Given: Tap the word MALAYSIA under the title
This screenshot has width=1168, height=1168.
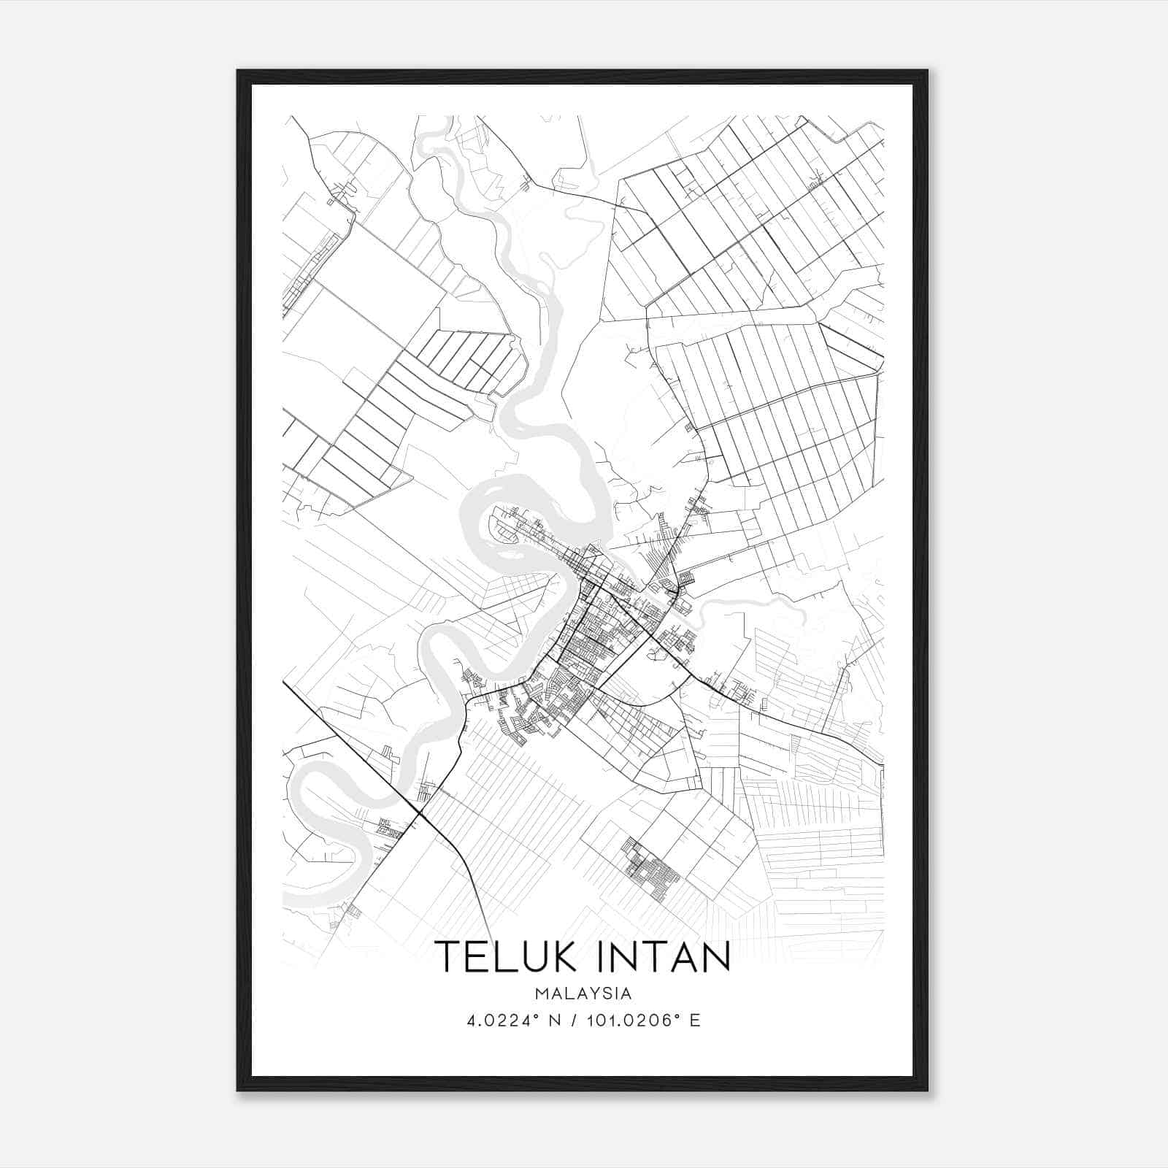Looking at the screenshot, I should point(583,994).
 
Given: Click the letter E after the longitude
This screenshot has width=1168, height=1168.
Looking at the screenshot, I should point(695,1021).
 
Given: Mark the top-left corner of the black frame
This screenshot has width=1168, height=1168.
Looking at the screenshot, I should point(238,71).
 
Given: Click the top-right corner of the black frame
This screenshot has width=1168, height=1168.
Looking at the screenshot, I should point(927,71).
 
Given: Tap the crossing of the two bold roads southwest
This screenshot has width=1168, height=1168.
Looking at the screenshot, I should point(420,812).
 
